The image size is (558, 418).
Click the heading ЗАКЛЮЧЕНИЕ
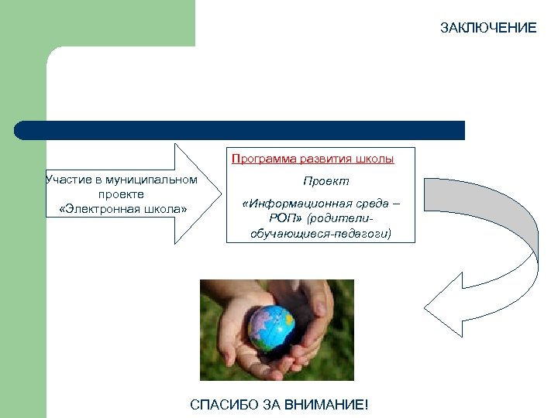(x=488, y=28)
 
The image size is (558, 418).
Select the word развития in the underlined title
(x=327, y=159)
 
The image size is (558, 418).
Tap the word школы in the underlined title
(x=375, y=159)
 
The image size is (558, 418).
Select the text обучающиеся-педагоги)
(x=321, y=232)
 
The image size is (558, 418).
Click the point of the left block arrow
(x=220, y=194)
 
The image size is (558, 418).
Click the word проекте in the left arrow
(x=121, y=194)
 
